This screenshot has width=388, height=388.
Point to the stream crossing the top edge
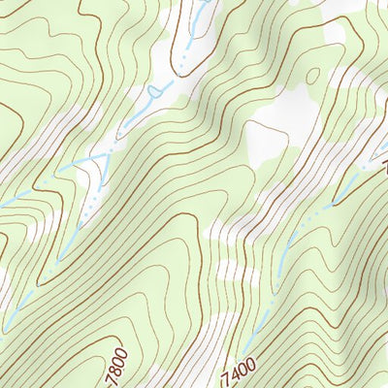click(206, 5)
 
